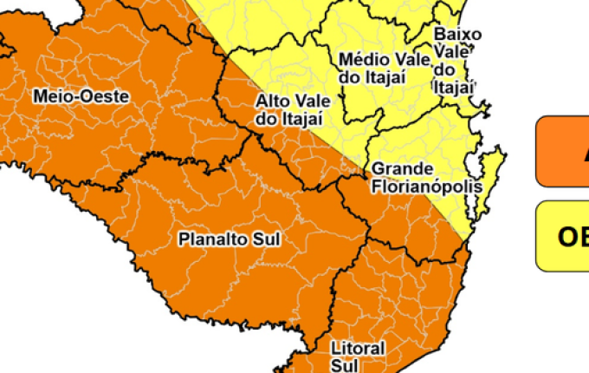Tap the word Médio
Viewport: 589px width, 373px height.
point(363,59)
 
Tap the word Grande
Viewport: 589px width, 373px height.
point(397,169)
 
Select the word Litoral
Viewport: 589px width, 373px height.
point(357,348)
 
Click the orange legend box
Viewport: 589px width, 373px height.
point(562,152)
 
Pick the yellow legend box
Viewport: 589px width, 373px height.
point(562,236)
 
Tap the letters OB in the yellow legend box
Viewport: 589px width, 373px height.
point(573,237)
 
